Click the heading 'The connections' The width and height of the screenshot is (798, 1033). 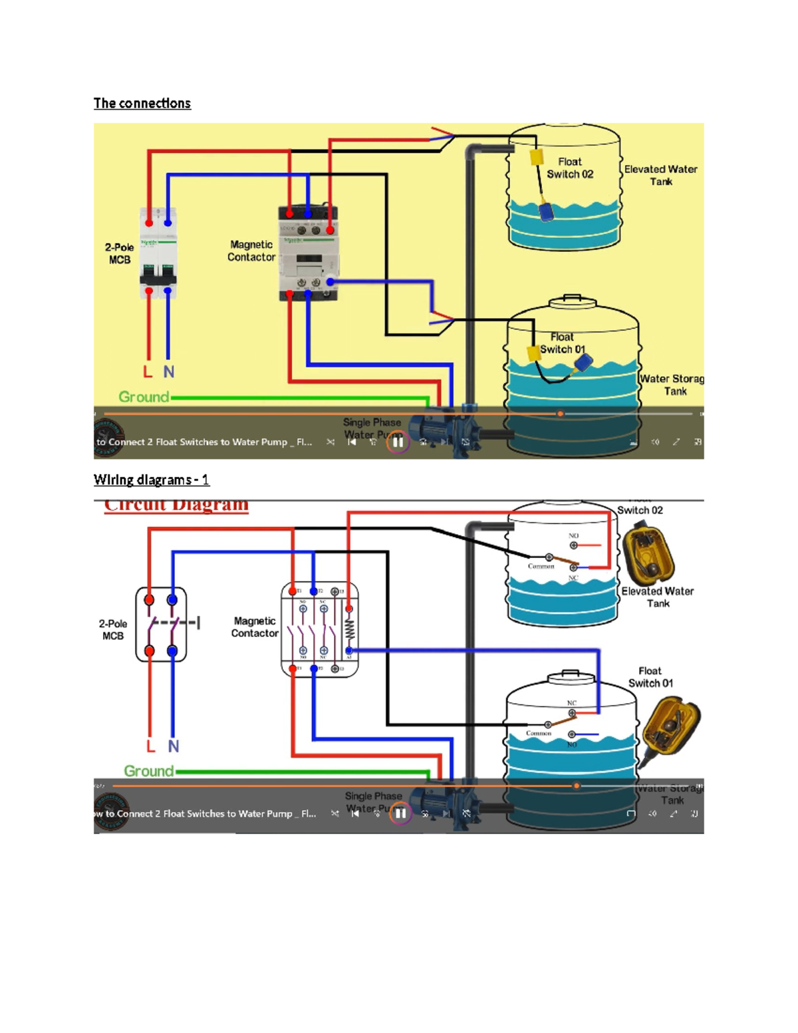142,103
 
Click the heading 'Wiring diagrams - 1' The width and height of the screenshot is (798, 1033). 151,480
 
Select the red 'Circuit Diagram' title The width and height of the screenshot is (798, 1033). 176,505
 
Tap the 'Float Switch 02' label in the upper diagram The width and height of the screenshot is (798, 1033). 569,168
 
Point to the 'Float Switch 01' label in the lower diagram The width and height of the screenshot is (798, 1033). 650,677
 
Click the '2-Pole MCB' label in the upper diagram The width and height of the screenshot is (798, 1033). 119,253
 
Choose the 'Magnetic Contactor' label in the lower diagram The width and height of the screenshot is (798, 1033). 254,627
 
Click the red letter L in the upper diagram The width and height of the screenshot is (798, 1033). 148,372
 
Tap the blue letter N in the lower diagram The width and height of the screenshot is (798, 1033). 174,746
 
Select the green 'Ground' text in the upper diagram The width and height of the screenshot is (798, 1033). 144,397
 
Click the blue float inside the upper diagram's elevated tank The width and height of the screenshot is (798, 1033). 546,212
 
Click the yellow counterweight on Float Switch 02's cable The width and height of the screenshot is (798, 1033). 537,158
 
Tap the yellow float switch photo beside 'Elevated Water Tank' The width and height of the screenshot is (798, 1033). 648,552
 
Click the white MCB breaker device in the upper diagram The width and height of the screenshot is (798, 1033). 158,253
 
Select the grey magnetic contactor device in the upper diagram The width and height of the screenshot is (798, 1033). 309,253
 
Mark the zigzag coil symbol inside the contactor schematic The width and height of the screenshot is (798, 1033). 349,629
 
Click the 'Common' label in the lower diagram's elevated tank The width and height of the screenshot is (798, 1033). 541,566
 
